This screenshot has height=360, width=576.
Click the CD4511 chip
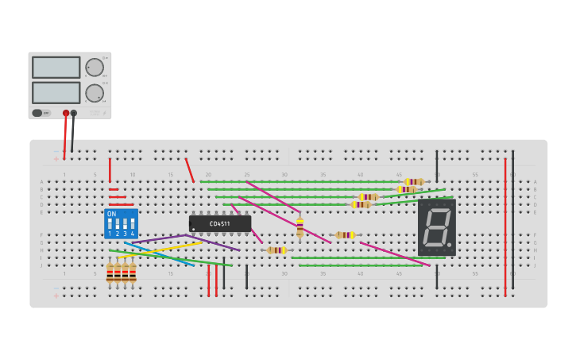coord(220,223)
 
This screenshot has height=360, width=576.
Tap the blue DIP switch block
coord(121,224)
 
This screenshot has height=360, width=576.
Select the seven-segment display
coord(436,227)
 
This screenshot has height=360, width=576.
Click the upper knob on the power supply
coord(94,67)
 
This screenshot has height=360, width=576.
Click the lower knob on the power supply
coord(94,93)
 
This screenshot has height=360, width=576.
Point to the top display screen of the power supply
coord(56,67)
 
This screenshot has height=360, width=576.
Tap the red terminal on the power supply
coord(66,113)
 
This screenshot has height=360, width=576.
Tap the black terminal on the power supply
coord(74,113)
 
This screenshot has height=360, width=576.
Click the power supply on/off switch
coord(38,113)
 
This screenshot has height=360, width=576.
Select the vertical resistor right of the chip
coord(300,228)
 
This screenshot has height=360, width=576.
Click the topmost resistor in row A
coord(413,182)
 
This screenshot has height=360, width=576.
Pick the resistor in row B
coord(406,189)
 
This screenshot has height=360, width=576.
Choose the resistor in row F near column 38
coord(345,234)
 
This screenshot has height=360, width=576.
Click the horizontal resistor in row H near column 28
coord(276,250)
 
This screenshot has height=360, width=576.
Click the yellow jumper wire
coord(171,249)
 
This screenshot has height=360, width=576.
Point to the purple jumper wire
coord(159,238)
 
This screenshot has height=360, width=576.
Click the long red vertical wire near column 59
coord(504,226)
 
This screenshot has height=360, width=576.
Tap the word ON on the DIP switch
coord(111,215)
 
